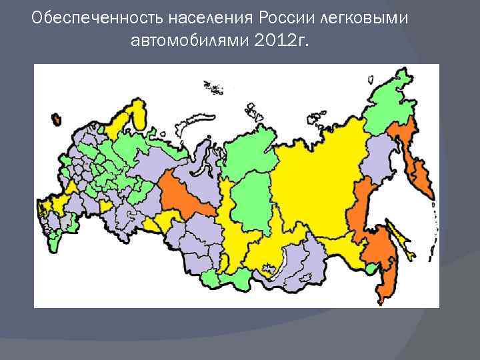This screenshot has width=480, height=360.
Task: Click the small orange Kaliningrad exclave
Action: (x=56, y=119)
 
